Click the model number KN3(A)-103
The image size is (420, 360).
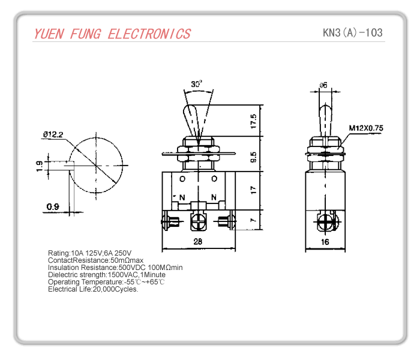352,32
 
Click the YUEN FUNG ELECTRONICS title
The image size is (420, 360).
112,34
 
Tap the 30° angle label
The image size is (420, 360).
197,85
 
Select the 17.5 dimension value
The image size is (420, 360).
254,122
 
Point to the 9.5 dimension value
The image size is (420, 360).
254,157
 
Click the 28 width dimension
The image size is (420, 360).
198,242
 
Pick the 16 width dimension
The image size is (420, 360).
326,242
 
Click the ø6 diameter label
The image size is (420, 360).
323,85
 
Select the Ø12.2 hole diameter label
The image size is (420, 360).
53,134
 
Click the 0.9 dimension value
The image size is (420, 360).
53,208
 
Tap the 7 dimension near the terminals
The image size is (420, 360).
254,220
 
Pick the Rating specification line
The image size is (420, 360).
89,253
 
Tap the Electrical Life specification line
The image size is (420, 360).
93,289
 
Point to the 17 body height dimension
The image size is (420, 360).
254,190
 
